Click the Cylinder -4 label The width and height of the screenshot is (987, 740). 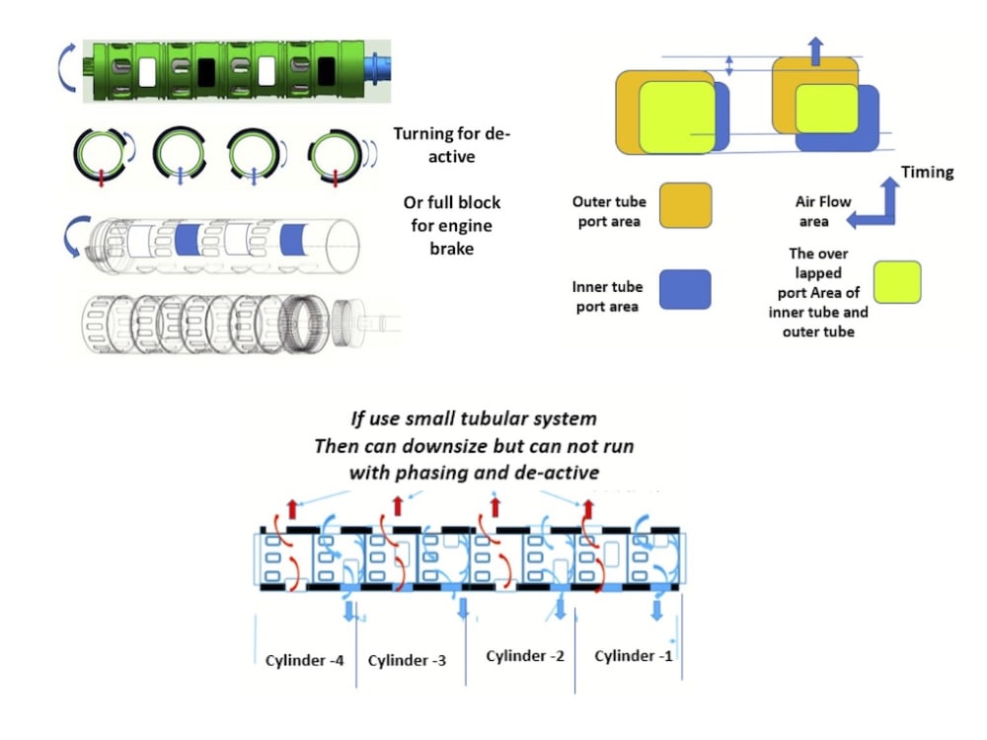tap(304, 659)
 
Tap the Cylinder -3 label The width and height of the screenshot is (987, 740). tap(407, 660)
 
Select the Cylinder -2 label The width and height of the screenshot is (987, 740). tap(524, 656)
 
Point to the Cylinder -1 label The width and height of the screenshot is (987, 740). tap(633, 656)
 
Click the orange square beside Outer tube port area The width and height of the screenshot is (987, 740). tap(686, 205)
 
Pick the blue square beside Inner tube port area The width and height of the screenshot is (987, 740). tap(686, 289)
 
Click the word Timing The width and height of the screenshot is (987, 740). tap(927, 172)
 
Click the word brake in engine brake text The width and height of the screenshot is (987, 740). tap(452, 248)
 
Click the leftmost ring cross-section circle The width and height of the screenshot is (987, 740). tap(100, 153)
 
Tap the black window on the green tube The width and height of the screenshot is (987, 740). tap(207, 71)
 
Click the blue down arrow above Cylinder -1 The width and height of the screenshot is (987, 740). tap(655, 611)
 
